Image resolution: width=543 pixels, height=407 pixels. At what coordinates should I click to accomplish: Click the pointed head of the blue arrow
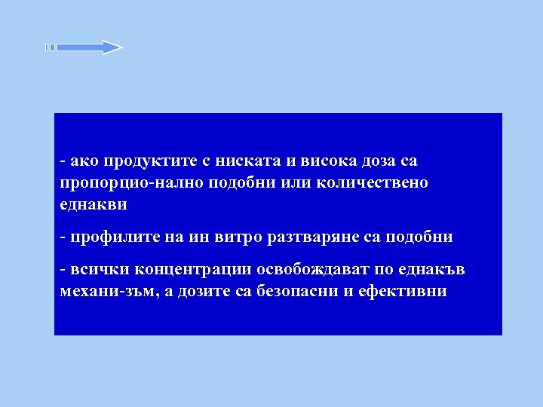pos(112,47)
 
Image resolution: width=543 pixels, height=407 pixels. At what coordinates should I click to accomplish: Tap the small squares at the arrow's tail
pos(50,47)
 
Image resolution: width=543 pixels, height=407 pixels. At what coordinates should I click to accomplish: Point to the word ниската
pos(244,161)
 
